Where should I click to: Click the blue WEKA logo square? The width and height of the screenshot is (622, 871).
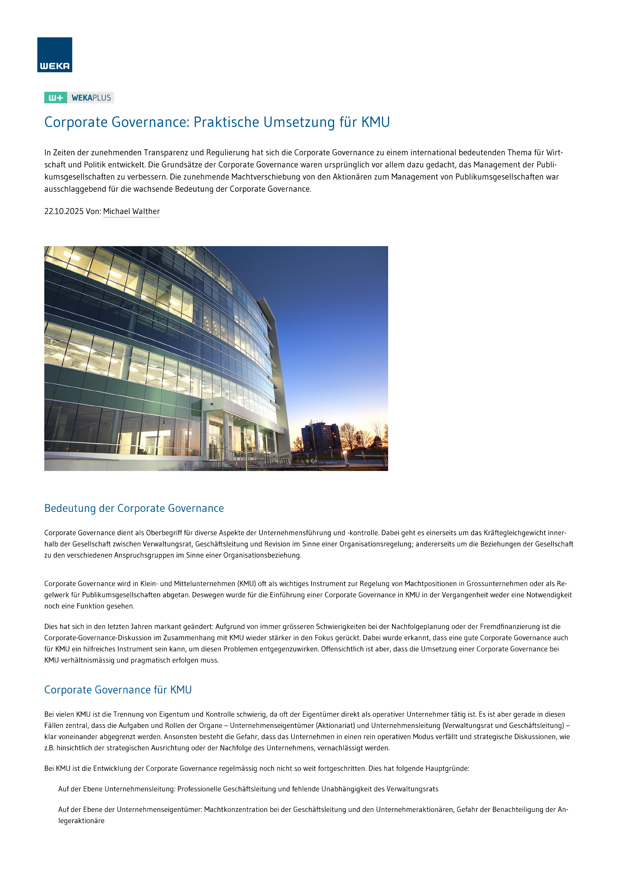[x=54, y=54]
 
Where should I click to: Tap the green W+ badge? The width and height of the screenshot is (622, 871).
[x=55, y=98]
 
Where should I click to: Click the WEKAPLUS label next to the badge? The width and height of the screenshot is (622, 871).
[x=91, y=98]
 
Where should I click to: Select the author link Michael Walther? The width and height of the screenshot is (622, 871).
[x=131, y=212]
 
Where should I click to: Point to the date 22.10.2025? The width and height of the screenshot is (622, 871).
[x=64, y=212]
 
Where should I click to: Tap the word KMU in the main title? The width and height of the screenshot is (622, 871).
[x=375, y=122]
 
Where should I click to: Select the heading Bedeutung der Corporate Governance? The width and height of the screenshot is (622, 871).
[x=134, y=508]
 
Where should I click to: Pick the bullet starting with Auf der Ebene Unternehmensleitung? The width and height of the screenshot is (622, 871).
[x=248, y=789]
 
